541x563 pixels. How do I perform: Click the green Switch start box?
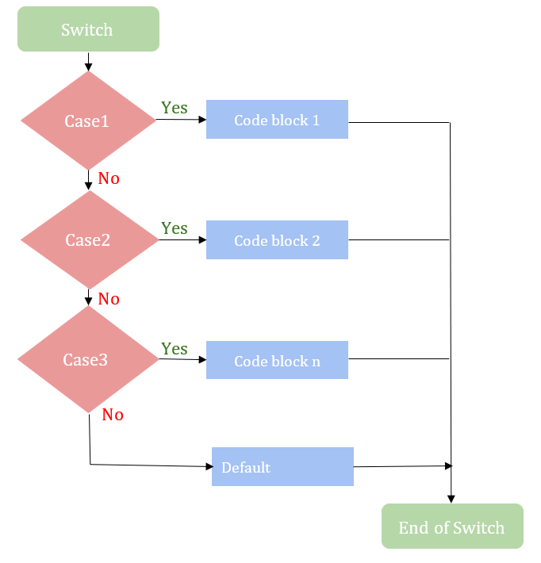tap(87, 29)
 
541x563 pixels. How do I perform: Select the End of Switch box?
tap(452, 527)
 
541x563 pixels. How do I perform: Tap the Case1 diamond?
tap(88, 121)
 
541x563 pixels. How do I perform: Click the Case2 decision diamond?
tap(88, 240)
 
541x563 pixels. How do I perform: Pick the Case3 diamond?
tap(87, 359)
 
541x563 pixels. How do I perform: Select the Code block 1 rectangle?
tap(277, 120)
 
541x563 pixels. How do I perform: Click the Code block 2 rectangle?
tap(277, 240)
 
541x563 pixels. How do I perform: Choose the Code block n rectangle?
tap(277, 360)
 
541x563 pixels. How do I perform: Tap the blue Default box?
tap(282, 467)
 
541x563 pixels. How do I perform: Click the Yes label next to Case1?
tap(175, 107)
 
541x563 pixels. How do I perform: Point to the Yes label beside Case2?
tap(175, 228)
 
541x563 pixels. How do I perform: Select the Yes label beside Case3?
tap(175, 349)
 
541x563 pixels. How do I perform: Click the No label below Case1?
tap(109, 178)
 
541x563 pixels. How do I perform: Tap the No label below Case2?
tap(109, 299)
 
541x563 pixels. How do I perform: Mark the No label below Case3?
tap(113, 415)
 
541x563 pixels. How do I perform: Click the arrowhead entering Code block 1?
tap(201, 120)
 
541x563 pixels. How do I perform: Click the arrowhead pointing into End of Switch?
tap(451, 499)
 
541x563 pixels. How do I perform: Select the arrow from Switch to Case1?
tap(88, 61)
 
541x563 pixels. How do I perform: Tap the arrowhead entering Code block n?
tap(201, 360)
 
